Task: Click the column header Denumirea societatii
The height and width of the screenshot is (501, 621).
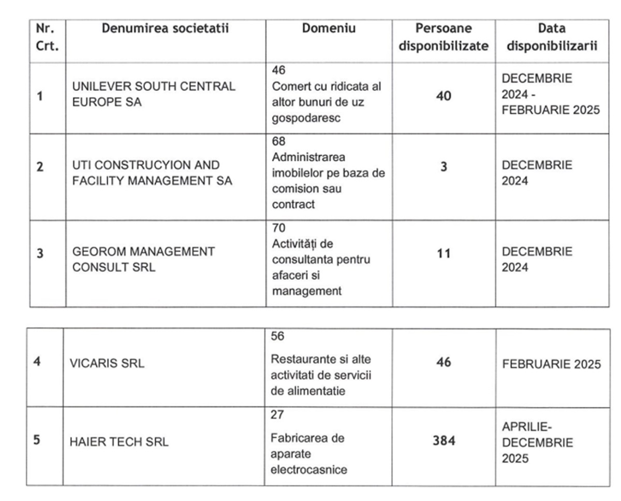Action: (x=165, y=28)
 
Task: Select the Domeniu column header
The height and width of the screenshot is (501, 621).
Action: (x=329, y=28)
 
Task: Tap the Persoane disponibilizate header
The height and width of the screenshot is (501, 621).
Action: (x=443, y=37)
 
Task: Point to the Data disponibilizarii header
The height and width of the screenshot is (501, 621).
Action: (x=552, y=37)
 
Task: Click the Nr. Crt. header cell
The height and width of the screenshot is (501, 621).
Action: (x=47, y=37)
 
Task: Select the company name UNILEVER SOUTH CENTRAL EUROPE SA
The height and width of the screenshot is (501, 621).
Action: (x=154, y=94)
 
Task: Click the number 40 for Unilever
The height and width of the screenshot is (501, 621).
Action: (x=443, y=96)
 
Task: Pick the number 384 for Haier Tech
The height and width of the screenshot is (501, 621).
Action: (x=443, y=441)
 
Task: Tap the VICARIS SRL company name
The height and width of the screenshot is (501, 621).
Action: (x=107, y=364)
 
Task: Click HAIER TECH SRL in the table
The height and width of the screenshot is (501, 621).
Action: (x=119, y=442)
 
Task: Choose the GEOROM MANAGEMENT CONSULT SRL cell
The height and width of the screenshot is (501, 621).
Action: (x=143, y=260)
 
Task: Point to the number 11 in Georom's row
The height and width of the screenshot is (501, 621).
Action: (x=443, y=254)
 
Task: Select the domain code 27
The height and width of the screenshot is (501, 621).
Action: (x=277, y=415)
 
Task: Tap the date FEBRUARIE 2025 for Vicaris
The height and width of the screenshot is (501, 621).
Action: (x=552, y=364)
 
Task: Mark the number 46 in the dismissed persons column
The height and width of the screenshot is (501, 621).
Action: (x=443, y=362)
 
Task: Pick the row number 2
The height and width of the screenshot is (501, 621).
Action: (x=40, y=167)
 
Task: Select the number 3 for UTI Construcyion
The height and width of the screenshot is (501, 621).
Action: (x=443, y=167)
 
